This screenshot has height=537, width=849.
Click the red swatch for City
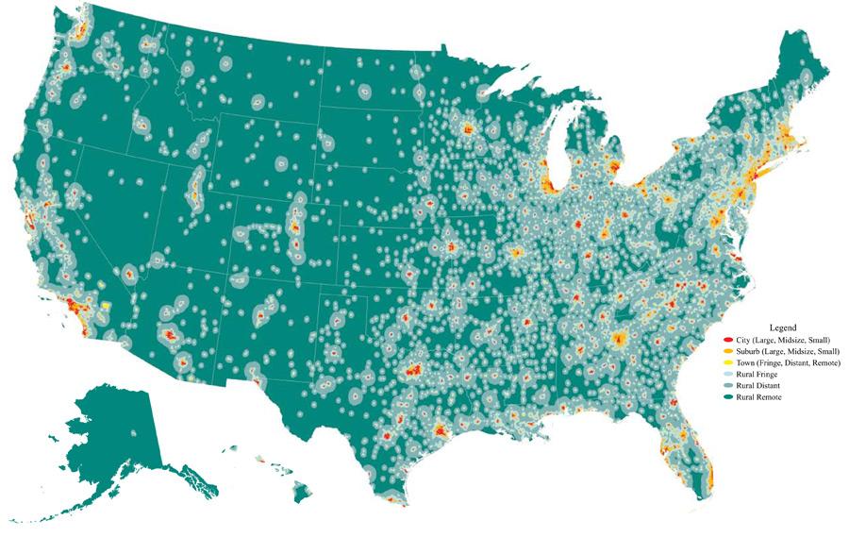[x=727, y=339]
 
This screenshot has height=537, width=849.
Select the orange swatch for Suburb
[x=727, y=351]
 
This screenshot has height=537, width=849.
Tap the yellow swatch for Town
[x=727, y=362]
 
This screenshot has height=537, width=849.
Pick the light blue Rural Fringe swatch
[x=727, y=375]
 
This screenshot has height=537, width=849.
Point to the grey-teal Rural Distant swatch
[x=727, y=386]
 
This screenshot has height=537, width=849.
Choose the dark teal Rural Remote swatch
[x=727, y=397]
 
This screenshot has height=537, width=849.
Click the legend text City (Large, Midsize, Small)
[x=783, y=339]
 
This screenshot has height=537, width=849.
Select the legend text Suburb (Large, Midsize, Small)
[x=787, y=351]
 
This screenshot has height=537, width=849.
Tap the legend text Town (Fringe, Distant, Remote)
[x=788, y=362]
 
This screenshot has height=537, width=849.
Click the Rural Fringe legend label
[x=757, y=375]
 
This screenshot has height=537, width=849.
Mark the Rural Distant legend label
[x=758, y=386]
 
